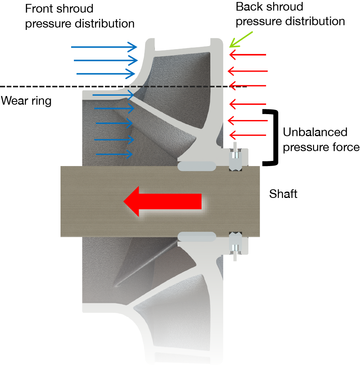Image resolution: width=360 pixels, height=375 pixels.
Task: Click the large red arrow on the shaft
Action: pyautogui.click(x=163, y=201)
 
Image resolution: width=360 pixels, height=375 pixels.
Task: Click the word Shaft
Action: pyautogui.click(x=283, y=194)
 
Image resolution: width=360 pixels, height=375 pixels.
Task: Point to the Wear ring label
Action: pyautogui.click(x=26, y=101)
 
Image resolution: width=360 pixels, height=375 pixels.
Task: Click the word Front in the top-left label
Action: pyautogui.click(x=40, y=9)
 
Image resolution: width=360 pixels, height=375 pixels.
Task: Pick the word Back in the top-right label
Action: pyautogui.click(x=249, y=7)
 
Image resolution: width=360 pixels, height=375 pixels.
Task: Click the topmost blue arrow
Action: pyautogui.click(x=104, y=47)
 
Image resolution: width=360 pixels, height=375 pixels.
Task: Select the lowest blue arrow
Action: pyautogui.click(x=114, y=154)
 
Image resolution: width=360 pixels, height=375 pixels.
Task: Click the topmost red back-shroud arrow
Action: pyautogui.click(x=248, y=55)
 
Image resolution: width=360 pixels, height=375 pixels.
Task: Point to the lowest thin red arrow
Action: pyautogui.click(x=248, y=135)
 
